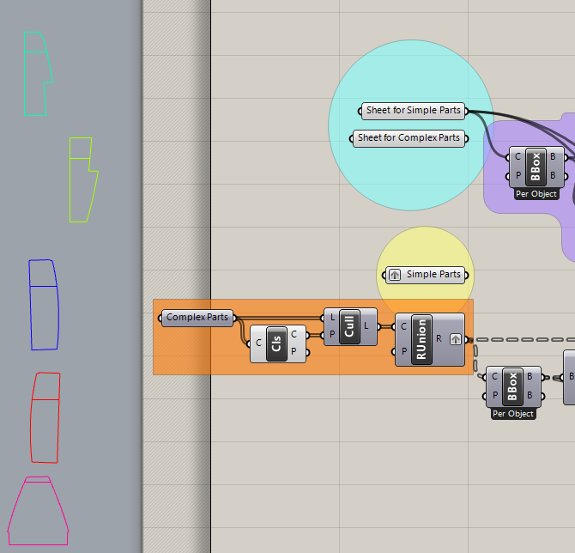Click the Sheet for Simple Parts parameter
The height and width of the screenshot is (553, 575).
tap(413, 111)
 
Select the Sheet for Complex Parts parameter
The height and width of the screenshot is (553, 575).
tap(409, 138)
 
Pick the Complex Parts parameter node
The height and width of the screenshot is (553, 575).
tap(197, 318)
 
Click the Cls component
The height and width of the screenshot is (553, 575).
tap(276, 344)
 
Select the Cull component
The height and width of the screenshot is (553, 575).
tap(349, 326)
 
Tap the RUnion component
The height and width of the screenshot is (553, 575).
tap(421, 339)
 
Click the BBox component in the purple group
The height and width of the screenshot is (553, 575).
tap(536, 167)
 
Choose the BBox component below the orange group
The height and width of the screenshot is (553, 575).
tap(512, 386)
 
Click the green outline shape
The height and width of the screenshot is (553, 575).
tap(35, 74)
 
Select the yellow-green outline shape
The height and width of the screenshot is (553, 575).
tap(82, 179)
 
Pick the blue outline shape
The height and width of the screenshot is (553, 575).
tap(44, 305)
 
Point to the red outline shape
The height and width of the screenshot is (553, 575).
tap(45, 417)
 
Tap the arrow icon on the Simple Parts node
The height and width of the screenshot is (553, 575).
tap(395, 275)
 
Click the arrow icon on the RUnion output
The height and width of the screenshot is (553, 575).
tap(456, 339)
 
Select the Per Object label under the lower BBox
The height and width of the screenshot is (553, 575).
tap(513, 414)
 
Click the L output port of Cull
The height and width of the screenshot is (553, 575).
tap(367, 326)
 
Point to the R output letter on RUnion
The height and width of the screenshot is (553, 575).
tap(439, 339)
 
